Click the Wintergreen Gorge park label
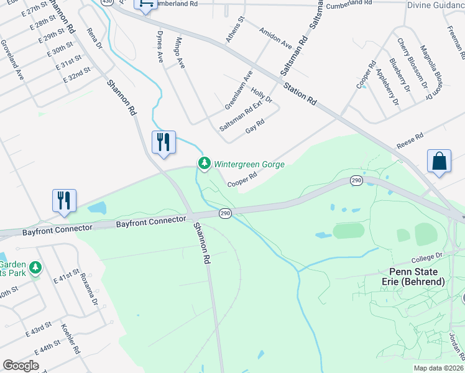(x=249, y=165)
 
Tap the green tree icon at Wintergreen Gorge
(x=204, y=163)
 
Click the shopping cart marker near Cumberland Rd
(x=145, y=4)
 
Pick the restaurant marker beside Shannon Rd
(x=164, y=142)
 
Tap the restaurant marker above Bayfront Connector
(x=64, y=200)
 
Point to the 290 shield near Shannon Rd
(x=225, y=213)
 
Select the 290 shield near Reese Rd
(x=356, y=180)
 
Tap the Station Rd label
(x=300, y=94)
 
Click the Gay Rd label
(x=256, y=126)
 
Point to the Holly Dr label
(x=262, y=95)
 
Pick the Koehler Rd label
(x=71, y=339)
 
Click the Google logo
(x=21, y=366)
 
